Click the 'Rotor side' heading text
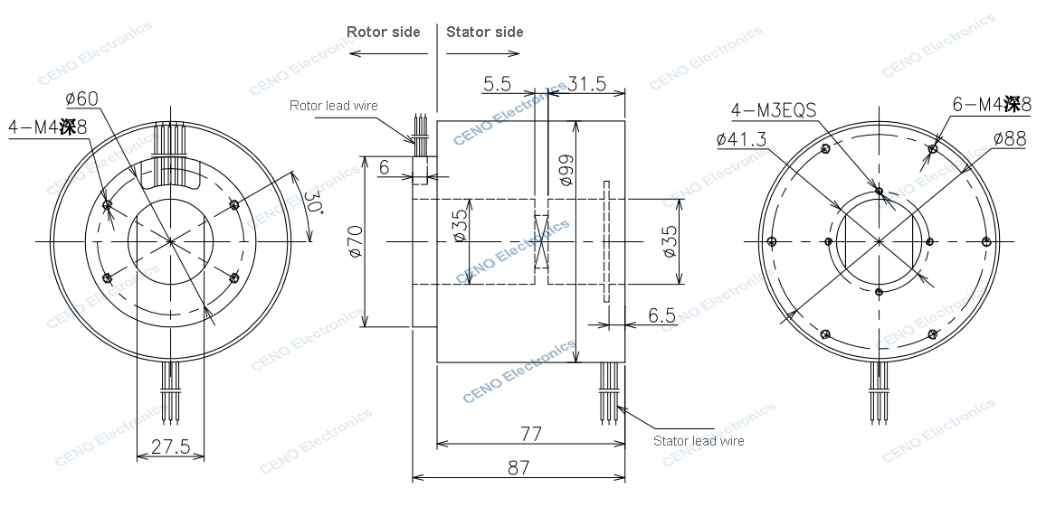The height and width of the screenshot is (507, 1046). [384, 32]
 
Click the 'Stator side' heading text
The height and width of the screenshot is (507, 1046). [484, 32]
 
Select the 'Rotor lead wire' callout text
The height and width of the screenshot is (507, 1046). [333, 106]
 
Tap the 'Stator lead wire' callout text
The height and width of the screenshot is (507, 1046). [699, 441]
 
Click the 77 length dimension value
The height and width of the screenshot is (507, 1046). [530, 434]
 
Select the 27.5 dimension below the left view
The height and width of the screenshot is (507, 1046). [169, 446]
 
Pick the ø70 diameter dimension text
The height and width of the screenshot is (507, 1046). [356, 241]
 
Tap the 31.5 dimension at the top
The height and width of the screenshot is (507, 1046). [587, 84]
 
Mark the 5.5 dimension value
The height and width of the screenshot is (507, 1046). [497, 84]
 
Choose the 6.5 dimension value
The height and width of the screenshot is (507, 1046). [662, 315]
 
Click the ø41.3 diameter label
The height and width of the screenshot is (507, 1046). [741, 139]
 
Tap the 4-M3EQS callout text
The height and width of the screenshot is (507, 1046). [774, 110]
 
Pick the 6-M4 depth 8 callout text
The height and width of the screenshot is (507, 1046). [991, 104]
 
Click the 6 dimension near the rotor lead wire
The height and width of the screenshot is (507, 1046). [384, 166]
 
